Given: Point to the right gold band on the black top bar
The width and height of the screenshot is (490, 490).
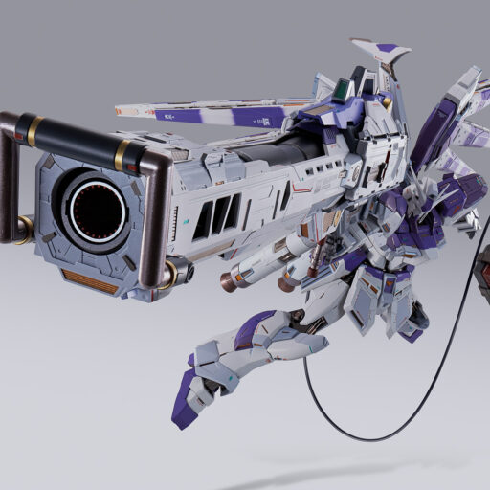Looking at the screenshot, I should pos(122,152).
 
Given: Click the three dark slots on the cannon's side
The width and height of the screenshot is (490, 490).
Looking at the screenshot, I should pos(216,217).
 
